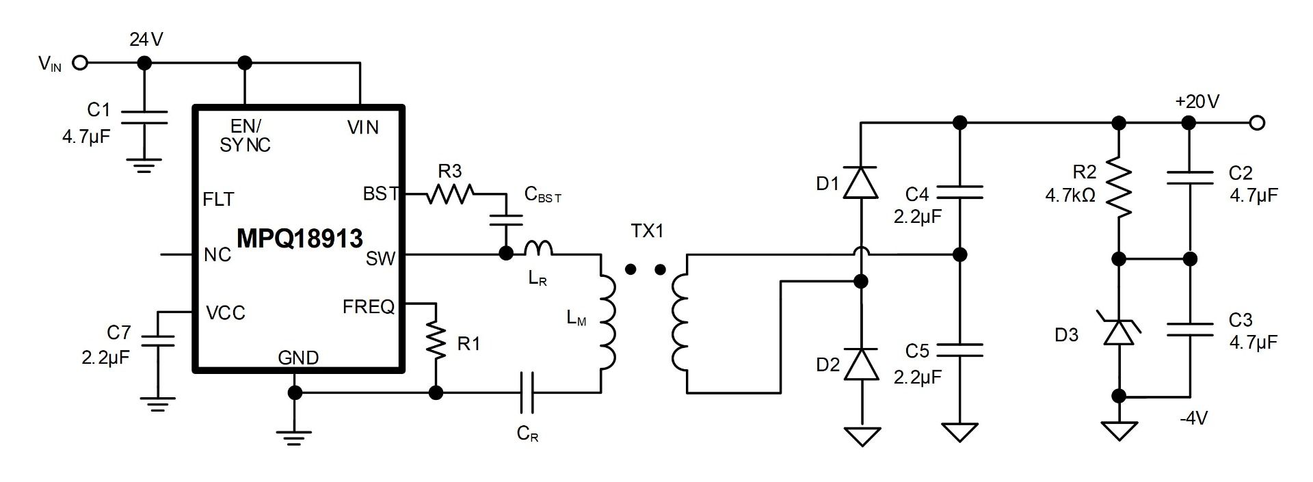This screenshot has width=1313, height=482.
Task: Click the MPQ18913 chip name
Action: tap(300, 239)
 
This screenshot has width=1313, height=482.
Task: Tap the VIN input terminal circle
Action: tap(80, 63)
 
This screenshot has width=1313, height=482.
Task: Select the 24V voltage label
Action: tap(146, 40)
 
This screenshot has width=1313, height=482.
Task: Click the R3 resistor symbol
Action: tap(449, 194)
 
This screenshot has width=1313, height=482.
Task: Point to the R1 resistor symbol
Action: tap(436, 341)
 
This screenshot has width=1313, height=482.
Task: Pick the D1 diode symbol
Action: tap(860, 183)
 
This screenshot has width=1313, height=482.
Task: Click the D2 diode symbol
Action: tap(860, 364)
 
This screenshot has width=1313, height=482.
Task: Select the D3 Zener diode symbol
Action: tap(1119, 332)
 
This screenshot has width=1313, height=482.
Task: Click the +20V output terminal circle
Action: tap(1256, 123)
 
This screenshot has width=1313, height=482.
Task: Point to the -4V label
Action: tap(1193, 418)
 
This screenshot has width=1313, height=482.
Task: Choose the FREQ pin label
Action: tap(369, 307)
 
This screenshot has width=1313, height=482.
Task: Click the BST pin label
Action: tap(380, 194)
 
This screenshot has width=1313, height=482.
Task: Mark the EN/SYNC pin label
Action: tap(245, 135)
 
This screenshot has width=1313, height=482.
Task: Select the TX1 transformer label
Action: tap(647, 231)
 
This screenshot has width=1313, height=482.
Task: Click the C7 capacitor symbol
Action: tap(157, 340)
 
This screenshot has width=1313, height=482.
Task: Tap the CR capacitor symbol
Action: tap(527, 392)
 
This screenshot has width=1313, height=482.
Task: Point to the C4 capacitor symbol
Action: tap(960, 192)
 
